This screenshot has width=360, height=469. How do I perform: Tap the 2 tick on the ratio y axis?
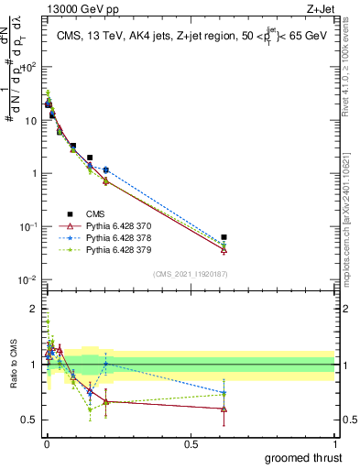coord(34,309)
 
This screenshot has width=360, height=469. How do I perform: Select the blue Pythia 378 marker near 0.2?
coord(106,169)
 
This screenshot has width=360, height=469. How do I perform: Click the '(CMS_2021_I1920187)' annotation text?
coord(189,274)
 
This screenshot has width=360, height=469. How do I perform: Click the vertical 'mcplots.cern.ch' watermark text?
coord(351,235)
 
